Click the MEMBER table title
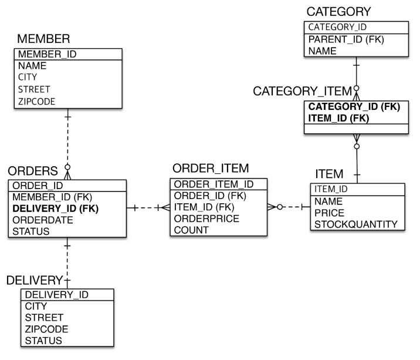point(44,39)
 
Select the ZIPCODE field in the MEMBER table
point(36,101)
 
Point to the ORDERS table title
point(33,171)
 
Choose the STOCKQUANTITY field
point(356,224)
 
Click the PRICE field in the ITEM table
point(328,212)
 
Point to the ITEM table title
point(329,175)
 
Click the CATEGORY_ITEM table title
point(302,91)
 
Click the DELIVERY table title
point(34,280)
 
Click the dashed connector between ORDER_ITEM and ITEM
point(289,207)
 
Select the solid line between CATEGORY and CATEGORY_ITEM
point(356,73)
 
